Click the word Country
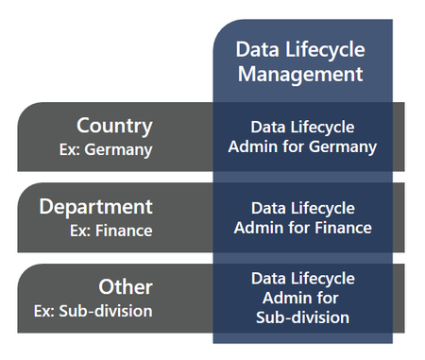[x=114, y=126]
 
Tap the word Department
[x=95, y=206]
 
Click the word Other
[x=126, y=286]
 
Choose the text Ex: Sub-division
[x=93, y=309]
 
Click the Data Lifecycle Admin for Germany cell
[x=302, y=137]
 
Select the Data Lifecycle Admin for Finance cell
[x=302, y=217]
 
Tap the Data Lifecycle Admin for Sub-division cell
[x=302, y=298]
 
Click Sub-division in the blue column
[x=302, y=317]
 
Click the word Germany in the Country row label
[x=120, y=148]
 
